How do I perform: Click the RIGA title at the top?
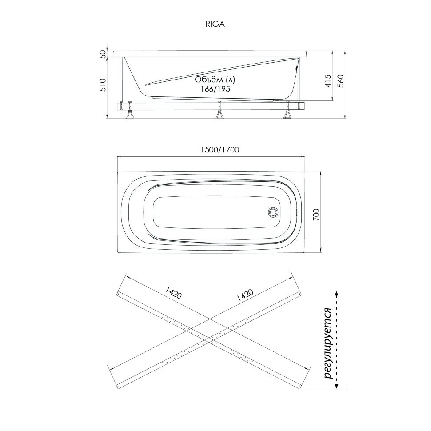(x=215, y=24)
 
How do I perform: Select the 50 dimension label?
(x=103, y=54)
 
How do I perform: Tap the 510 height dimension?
(x=103, y=85)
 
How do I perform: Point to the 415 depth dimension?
(x=328, y=81)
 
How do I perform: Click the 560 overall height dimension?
(x=340, y=81)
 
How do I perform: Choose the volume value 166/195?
(x=215, y=89)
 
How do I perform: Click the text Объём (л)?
(x=215, y=80)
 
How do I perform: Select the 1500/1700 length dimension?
(x=219, y=150)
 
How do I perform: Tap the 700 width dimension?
(x=316, y=214)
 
